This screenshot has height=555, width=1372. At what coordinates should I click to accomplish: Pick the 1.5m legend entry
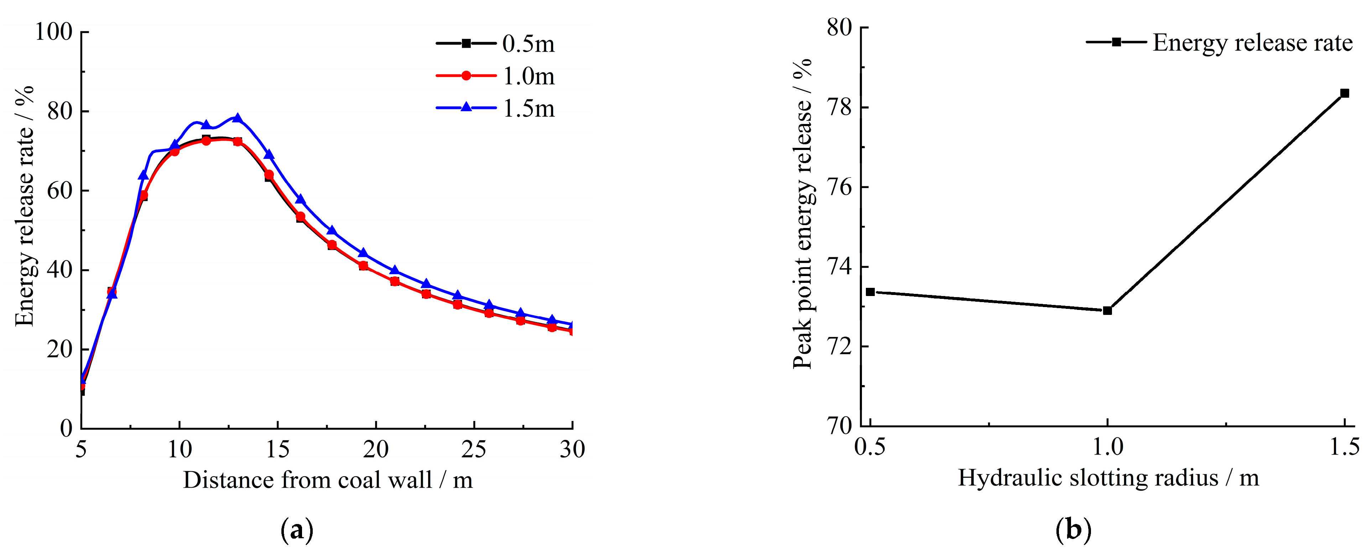[x=495, y=109]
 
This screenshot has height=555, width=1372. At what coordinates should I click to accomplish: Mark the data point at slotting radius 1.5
[x=1344, y=93]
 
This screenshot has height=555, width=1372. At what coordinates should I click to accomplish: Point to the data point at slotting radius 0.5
[x=870, y=292]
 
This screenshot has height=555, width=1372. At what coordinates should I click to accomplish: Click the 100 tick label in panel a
[x=53, y=32]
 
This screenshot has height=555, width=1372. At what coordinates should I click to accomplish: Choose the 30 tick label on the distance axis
[x=572, y=450]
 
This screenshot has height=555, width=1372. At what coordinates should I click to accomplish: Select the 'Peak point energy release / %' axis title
[x=802, y=213]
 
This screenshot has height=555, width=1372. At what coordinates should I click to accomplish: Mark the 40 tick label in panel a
[x=59, y=270]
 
